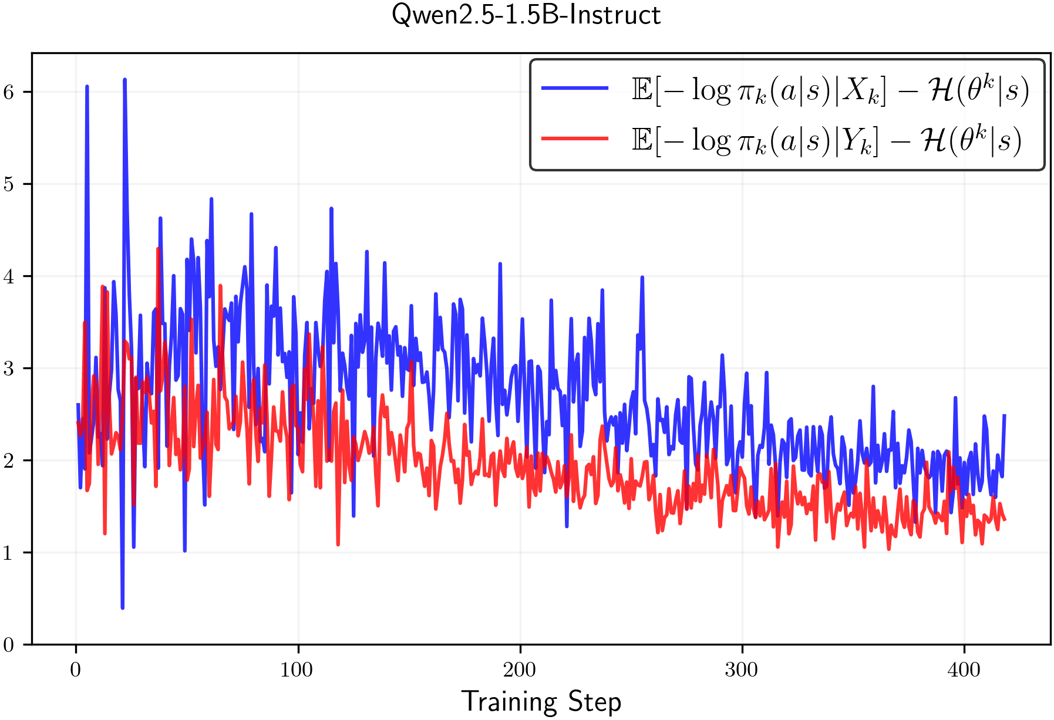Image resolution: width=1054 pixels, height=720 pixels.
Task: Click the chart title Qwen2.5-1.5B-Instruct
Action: click(526, 15)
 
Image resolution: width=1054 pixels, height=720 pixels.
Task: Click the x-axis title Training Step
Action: click(541, 702)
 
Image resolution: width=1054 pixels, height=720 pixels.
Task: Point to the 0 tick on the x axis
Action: click(76, 670)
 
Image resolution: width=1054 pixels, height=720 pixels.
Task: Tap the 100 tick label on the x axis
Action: click(297, 670)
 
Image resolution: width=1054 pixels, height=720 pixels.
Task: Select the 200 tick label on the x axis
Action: click(520, 670)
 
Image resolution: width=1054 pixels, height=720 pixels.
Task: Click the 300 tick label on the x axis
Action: click(742, 670)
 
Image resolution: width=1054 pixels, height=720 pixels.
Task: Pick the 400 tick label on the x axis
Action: click(964, 670)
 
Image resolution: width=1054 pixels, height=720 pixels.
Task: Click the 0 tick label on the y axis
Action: click(9, 645)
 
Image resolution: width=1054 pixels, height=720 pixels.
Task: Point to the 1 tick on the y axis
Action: click(9, 553)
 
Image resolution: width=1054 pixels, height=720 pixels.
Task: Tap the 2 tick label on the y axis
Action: click(9, 461)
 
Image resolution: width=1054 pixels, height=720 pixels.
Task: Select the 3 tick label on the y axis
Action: click(9, 369)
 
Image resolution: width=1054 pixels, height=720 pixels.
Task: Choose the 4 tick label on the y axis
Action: click(9, 276)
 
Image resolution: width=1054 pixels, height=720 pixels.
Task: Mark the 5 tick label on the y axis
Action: click(9, 184)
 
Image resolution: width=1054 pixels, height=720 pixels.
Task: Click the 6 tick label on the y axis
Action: click(9, 92)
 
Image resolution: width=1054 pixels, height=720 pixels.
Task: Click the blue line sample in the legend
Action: click(574, 89)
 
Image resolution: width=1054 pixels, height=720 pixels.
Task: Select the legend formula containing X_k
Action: click(830, 90)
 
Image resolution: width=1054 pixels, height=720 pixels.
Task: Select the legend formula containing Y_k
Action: click(826, 140)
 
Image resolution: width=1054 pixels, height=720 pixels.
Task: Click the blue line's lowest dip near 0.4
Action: click(122, 607)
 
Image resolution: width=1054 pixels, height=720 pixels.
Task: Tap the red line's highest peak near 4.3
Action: click(158, 249)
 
